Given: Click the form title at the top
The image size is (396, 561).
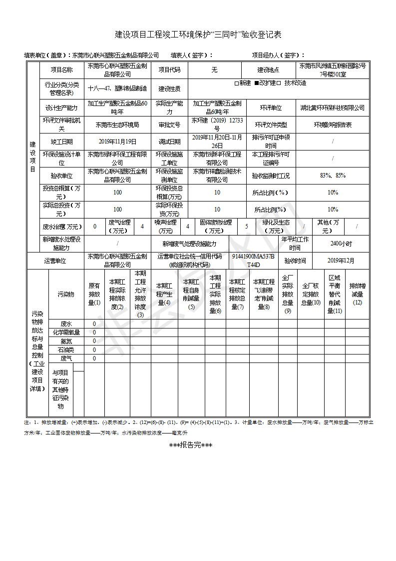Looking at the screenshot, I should (198, 34).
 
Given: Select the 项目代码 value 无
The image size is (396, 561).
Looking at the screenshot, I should (214, 70).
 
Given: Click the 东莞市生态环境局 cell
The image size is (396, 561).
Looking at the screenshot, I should (117, 124).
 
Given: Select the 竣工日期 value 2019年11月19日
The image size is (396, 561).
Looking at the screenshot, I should (117, 142).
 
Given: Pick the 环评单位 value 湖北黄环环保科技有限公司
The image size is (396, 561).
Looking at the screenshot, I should (332, 107).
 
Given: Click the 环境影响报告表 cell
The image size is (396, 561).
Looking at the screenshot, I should (332, 124).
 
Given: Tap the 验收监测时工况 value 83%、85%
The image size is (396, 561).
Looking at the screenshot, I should (332, 176).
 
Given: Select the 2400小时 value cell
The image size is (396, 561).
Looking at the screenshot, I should (341, 244).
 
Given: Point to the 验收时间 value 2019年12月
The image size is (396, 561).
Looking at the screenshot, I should (341, 260).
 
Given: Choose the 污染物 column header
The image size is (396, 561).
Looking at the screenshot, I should (66, 294).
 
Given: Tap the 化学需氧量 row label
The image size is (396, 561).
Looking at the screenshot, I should (66, 332).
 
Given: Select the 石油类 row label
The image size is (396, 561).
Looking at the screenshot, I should (66, 350).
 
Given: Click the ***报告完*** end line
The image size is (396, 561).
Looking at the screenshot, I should (191, 445).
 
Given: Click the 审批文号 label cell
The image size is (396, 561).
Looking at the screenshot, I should (169, 124).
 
